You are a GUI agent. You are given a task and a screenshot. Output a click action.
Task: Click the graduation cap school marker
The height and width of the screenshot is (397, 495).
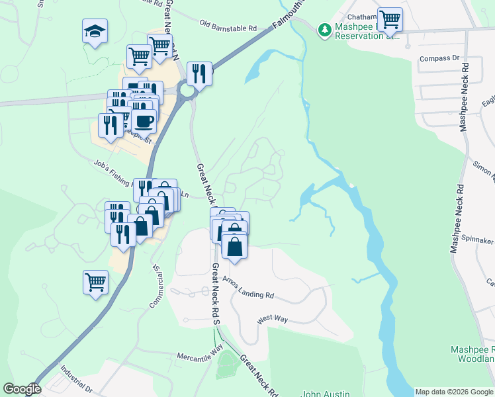pos(95,31)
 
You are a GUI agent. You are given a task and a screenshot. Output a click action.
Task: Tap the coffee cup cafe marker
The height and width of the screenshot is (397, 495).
pos(144,120)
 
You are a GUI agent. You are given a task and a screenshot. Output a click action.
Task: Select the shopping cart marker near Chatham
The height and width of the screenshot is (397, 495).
pos(390,20)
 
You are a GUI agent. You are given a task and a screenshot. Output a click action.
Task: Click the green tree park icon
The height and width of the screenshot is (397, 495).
pos(324,30)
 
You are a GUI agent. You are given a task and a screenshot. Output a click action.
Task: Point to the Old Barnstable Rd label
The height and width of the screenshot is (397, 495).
pos(228,26)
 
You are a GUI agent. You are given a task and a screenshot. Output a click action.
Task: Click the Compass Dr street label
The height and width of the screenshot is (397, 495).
pos(439,58)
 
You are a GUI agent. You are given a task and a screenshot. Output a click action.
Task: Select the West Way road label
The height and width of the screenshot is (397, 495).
pos(273,319)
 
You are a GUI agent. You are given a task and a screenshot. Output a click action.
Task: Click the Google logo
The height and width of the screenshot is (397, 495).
pos(22,389)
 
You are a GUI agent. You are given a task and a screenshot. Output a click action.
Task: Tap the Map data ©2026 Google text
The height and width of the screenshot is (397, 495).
pos(454,392)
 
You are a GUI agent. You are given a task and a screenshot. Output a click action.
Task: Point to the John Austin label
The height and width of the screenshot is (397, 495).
pos(326,394)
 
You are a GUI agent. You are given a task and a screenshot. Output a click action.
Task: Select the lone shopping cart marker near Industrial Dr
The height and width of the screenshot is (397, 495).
pos(95,281)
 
